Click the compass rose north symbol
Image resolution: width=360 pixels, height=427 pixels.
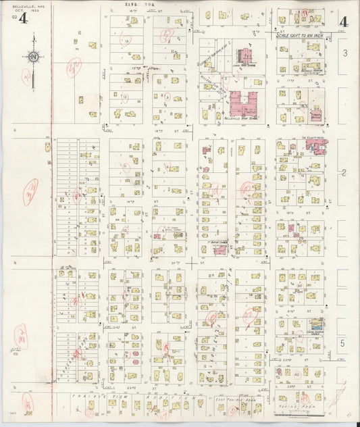tap(34, 59)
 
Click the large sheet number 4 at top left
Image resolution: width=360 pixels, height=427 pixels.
tap(24, 18)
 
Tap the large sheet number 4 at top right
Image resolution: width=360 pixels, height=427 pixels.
tap(343, 22)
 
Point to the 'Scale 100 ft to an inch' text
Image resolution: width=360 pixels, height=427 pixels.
tap(301, 35)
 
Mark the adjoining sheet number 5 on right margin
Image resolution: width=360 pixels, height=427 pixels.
tap(343, 344)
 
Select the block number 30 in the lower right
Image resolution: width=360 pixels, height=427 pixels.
tap(298, 286)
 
